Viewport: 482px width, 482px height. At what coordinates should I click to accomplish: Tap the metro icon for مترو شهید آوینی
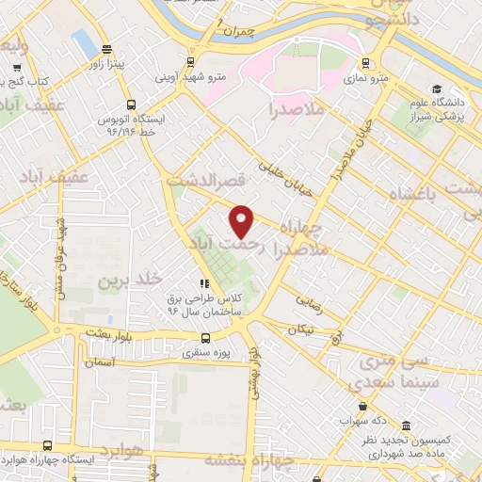[191, 62]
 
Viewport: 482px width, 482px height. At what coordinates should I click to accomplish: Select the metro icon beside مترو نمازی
[370, 67]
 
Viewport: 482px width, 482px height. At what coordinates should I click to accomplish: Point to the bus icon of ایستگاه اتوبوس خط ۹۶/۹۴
[131, 106]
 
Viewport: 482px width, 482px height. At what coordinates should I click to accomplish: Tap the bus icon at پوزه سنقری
[205, 338]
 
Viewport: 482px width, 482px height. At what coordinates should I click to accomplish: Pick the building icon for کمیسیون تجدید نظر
[405, 426]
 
